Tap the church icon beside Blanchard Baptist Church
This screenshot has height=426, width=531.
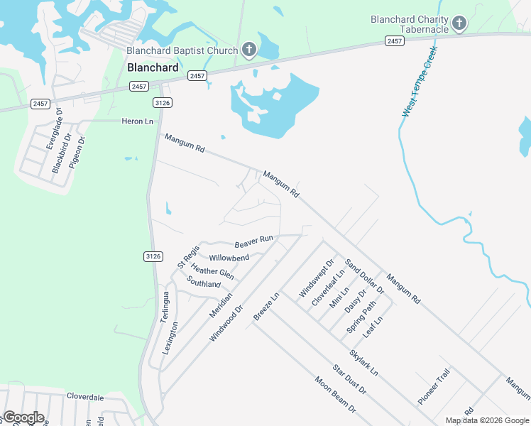click(249, 50)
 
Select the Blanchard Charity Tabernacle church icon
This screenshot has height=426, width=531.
click(459, 24)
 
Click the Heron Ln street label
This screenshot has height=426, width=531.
click(138, 121)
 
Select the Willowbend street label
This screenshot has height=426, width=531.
click(229, 257)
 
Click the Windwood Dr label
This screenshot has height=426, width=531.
click(226, 324)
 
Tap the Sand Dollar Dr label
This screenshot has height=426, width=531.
click(364, 277)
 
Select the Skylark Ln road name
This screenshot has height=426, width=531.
click(363, 362)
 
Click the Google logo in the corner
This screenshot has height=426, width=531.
click(23, 417)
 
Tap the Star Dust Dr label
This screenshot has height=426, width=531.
click(349, 380)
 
